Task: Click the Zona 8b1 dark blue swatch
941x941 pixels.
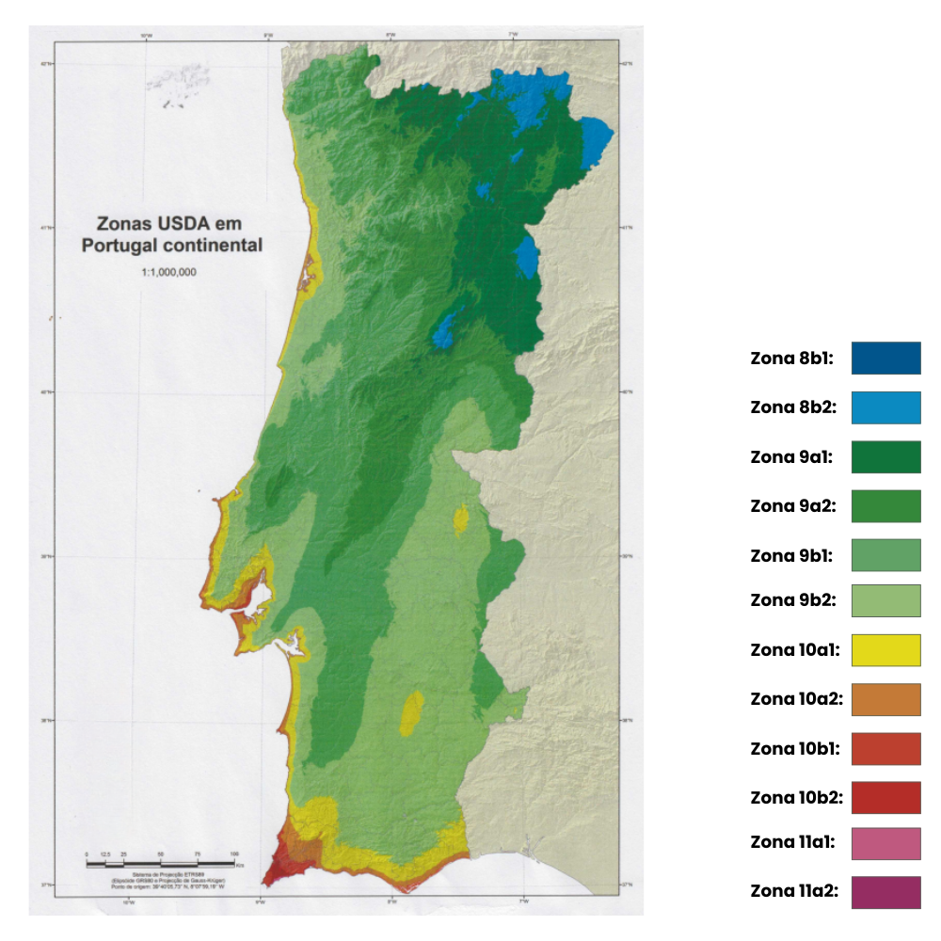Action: pos(885,359)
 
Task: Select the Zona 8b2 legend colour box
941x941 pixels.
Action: pos(885,407)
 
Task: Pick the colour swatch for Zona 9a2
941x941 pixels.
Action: pos(885,505)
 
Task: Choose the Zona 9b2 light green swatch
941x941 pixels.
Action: pos(885,600)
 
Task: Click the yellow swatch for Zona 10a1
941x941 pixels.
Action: pos(885,650)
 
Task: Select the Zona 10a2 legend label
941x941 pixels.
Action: pos(796,699)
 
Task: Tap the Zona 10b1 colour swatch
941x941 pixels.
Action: pos(885,749)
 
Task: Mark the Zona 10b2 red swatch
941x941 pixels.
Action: pos(885,797)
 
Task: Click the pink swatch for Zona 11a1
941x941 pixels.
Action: pos(885,843)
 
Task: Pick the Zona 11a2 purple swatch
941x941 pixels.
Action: pos(885,892)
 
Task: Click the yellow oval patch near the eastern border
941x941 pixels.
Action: pos(461,518)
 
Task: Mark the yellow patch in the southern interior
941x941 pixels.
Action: pos(411,714)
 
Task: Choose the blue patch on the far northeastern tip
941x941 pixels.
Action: pos(597,141)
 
